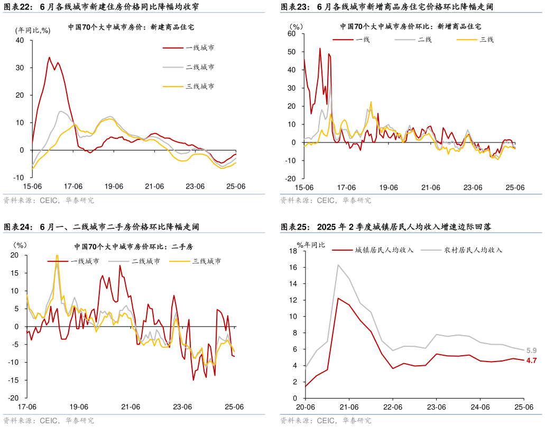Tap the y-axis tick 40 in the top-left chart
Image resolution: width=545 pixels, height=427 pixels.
point(20,40)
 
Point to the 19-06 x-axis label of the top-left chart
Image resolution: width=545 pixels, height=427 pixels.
point(114,186)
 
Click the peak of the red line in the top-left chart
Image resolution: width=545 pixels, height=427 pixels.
point(50,57)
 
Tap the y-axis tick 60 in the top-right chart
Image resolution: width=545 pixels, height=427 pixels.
point(291,34)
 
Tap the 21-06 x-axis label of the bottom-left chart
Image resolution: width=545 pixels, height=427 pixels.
point(131,407)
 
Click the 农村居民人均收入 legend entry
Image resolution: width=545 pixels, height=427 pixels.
point(473,250)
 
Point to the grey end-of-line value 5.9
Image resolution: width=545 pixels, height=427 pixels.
point(531,350)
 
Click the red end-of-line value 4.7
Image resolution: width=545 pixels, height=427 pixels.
point(531,360)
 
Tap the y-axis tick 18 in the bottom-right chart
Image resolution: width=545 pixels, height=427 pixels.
point(294,251)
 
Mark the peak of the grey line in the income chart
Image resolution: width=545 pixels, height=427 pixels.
point(338,265)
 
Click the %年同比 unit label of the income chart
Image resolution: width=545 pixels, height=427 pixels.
point(311,244)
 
